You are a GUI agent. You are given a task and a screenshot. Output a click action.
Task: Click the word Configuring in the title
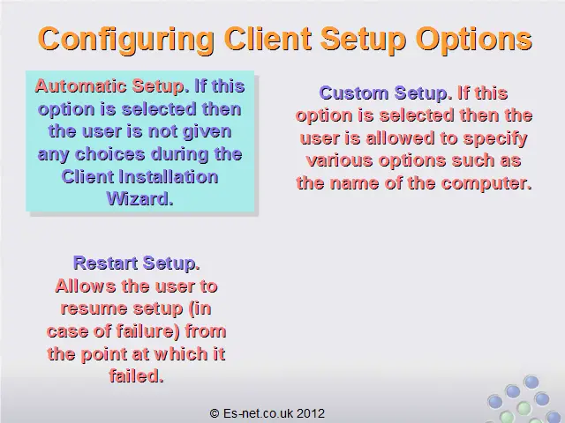125,40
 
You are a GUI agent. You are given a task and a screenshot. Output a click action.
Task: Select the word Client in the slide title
267,38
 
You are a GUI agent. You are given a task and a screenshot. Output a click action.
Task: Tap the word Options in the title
474,40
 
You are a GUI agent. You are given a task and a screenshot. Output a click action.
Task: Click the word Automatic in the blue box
80,86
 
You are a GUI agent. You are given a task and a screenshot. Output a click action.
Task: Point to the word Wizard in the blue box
139,198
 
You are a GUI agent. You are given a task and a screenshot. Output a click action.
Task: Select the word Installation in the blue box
168,176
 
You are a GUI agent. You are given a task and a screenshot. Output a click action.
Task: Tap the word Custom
353,93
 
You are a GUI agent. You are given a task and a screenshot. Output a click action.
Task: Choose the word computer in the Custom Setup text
486,184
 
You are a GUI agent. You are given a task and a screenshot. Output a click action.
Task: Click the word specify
495,139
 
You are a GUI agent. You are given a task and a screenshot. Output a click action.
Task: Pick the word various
339,160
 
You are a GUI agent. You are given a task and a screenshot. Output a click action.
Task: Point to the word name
355,184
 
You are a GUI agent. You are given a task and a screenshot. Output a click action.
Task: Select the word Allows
86,286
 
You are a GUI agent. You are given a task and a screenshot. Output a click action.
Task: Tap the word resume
94,309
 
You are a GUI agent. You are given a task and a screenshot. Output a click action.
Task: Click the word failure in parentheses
146,331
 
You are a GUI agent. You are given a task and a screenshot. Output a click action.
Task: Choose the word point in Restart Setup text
104,354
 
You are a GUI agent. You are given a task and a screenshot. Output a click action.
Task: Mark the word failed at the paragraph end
136,376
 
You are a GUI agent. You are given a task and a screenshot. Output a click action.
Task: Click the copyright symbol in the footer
215,413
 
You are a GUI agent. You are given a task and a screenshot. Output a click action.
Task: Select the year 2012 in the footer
311,413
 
